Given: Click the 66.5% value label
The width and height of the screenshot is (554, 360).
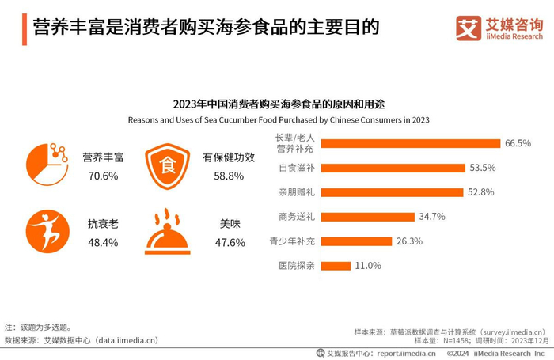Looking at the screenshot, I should (x=518, y=143).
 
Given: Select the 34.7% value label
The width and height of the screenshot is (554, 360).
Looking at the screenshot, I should (x=432, y=217).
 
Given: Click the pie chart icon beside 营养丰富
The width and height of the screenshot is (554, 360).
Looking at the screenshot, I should (x=47, y=165).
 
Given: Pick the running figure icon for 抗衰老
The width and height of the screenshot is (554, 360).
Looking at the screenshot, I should (x=47, y=231).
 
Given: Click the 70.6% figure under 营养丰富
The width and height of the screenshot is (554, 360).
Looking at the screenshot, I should (x=103, y=176).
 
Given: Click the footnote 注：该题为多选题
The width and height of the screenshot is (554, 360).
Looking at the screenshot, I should (x=38, y=327).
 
